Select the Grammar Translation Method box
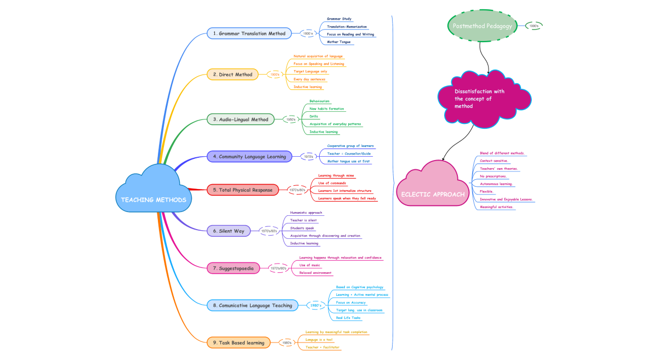pyautogui.click(x=249, y=33)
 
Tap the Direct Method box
pyautogui.click(x=232, y=75)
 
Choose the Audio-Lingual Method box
pyautogui.click(x=240, y=119)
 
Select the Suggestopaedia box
pyautogui.click(x=233, y=268)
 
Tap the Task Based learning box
pyautogui.click(x=239, y=342)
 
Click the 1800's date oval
pyautogui.click(x=308, y=33)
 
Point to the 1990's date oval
pyautogui.click(x=534, y=26)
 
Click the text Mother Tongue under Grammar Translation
pyautogui.click(x=339, y=42)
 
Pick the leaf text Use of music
pyautogui.click(x=310, y=265)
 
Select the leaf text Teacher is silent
pyautogui.click(x=303, y=220)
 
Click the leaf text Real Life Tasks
pyautogui.click(x=348, y=318)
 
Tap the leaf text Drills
pyautogui.click(x=314, y=116)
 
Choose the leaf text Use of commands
pyautogui.click(x=332, y=182)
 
